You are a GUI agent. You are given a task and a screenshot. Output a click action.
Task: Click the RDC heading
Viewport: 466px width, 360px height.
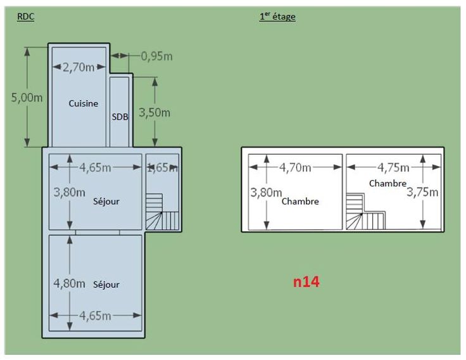click(26, 16)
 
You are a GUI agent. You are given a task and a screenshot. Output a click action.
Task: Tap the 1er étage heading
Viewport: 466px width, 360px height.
click(277, 16)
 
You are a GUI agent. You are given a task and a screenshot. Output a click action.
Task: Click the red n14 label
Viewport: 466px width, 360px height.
click(306, 281)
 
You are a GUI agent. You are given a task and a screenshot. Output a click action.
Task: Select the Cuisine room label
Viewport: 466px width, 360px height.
click(83, 103)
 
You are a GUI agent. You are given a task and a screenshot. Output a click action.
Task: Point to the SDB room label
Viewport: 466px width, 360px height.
click(120, 117)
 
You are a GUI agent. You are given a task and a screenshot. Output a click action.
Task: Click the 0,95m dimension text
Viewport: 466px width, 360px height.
click(156, 56)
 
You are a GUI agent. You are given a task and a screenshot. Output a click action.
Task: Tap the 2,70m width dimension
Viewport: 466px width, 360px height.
click(79, 67)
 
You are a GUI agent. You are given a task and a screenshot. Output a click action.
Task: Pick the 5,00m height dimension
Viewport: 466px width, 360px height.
click(27, 98)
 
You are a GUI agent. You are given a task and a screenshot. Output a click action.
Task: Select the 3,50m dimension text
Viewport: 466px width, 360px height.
click(154, 112)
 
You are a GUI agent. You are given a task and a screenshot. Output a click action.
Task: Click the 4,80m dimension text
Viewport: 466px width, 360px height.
click(69, 283)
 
